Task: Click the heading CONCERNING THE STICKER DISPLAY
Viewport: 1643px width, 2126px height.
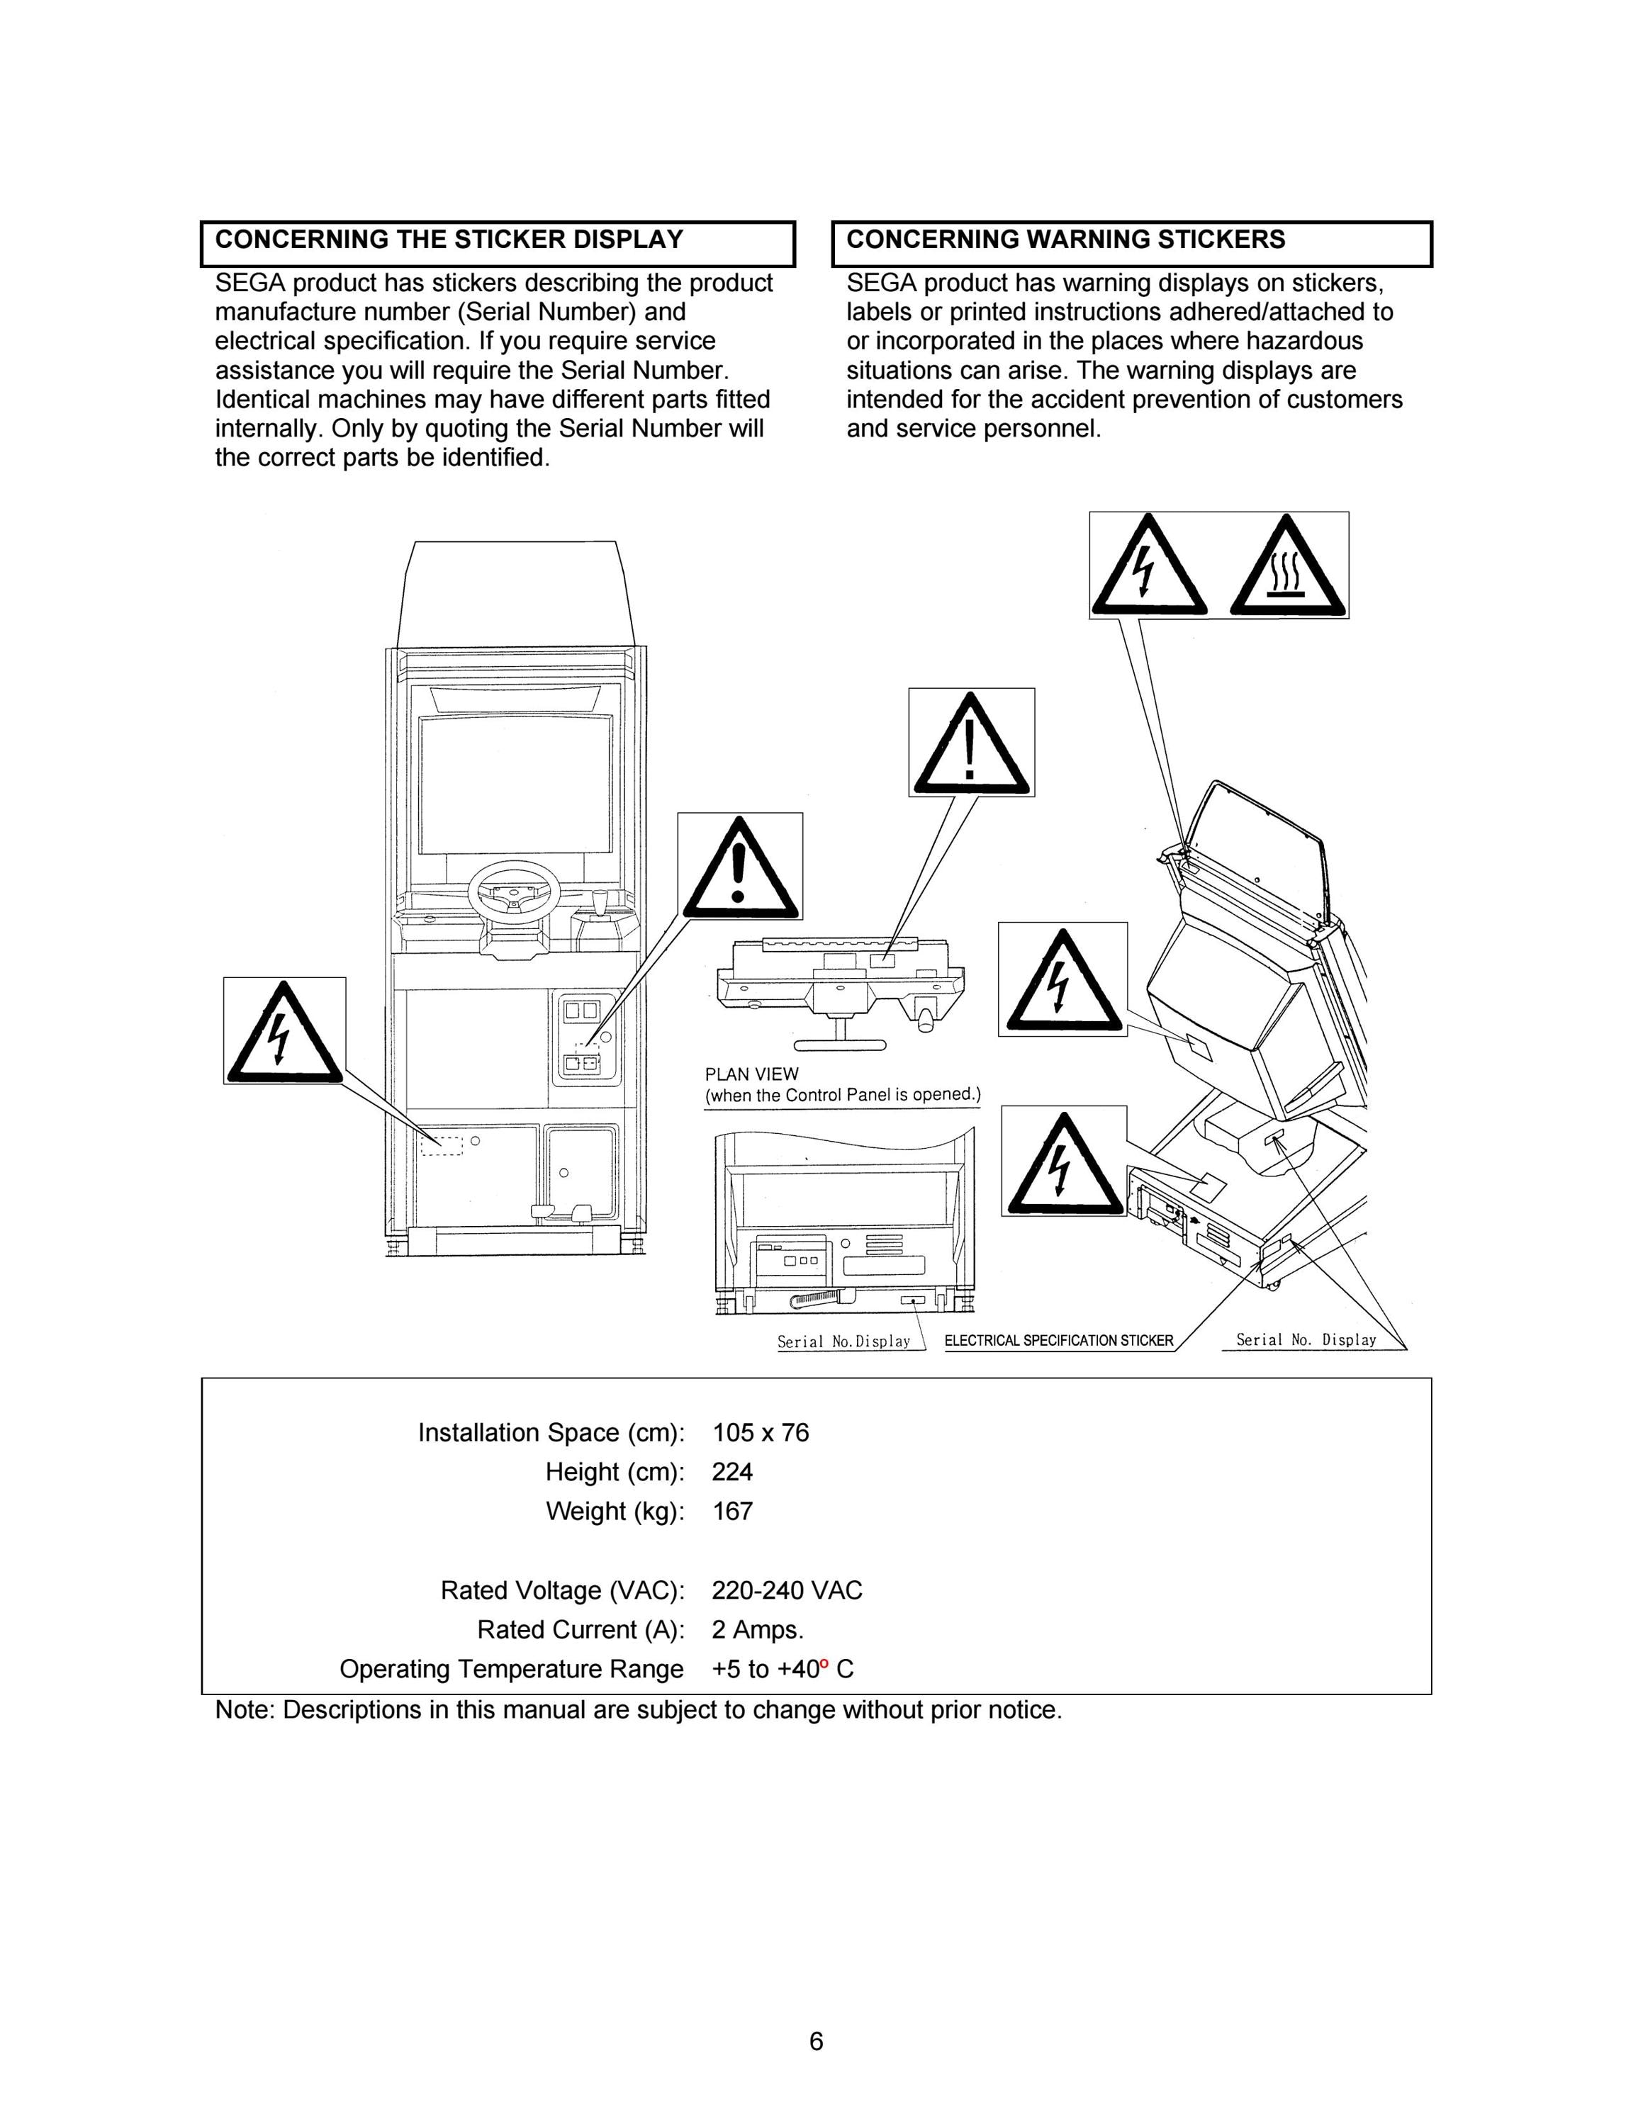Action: click(x=449, y=240)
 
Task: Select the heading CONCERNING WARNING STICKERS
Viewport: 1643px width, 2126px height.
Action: click(x=1066, y=240)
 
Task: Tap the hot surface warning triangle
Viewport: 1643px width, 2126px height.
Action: click(x=1289, y=566)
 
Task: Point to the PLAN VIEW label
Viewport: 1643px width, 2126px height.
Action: click(x=751, y=1074)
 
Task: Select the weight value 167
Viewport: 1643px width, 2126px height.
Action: click(x=732, y=1511)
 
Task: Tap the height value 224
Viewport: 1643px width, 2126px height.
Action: click(x=732, y=1472)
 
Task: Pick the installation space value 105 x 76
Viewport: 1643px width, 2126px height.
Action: click(x=760, y=1433)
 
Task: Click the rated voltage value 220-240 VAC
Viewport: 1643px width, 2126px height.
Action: click(x=787, y=1591)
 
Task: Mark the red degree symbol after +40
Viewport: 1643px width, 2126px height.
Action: click(x=824, y=1663)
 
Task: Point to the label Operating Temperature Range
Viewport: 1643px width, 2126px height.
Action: click(x=512, y=1670)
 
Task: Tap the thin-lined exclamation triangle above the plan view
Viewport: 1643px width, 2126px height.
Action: click(x=971, y=743)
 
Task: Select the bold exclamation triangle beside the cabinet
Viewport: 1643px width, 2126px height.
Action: click(x=740, y=867)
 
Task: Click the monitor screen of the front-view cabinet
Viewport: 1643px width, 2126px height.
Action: click(x=515, y=784)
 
